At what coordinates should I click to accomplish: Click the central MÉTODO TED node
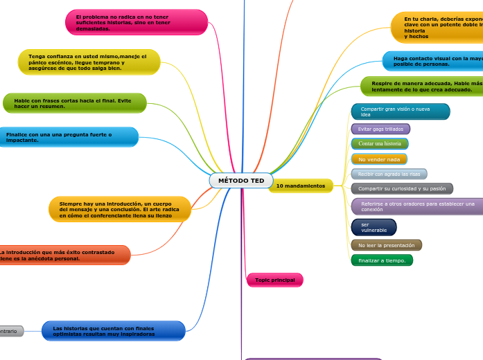coord(241,181)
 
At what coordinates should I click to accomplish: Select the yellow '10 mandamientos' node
coord(300,186)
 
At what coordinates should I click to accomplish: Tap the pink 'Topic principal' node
coord(274,280)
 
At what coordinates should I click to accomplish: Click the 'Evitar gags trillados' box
coord(380,129)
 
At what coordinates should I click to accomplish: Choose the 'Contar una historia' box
coord(380,143)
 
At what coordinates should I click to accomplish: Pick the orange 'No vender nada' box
coord(379,159)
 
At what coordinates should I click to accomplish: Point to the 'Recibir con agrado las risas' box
coord(389,174)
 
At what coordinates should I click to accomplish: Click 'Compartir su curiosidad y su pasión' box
coord(402,188)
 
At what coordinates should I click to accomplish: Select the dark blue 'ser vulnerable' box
coord(374,227)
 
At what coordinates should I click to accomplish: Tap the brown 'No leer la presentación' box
coord(386,245)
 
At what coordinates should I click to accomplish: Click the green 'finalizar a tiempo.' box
coord(382,260)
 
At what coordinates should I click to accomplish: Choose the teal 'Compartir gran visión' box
coord(401,111)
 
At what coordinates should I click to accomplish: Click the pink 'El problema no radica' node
coord(137,22)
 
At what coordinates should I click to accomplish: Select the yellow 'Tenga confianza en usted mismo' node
coord(89,62)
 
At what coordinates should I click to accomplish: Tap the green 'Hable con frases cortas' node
coord(75,103)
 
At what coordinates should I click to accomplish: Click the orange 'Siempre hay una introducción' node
coord(119,209)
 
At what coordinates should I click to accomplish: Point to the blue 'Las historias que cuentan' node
coord(113,331)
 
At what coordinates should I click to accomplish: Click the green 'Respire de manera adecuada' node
coord(421,87)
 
